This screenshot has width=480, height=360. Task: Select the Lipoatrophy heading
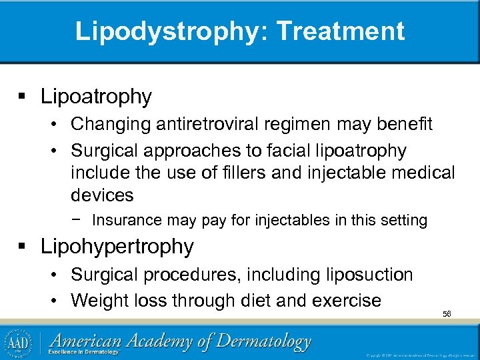click(96, 97)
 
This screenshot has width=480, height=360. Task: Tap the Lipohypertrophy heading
click(117, 247)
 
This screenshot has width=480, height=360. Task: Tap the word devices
click(102, 195)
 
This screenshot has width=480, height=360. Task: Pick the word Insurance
click(127, 220)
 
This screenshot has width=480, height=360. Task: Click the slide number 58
click(447, 313)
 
